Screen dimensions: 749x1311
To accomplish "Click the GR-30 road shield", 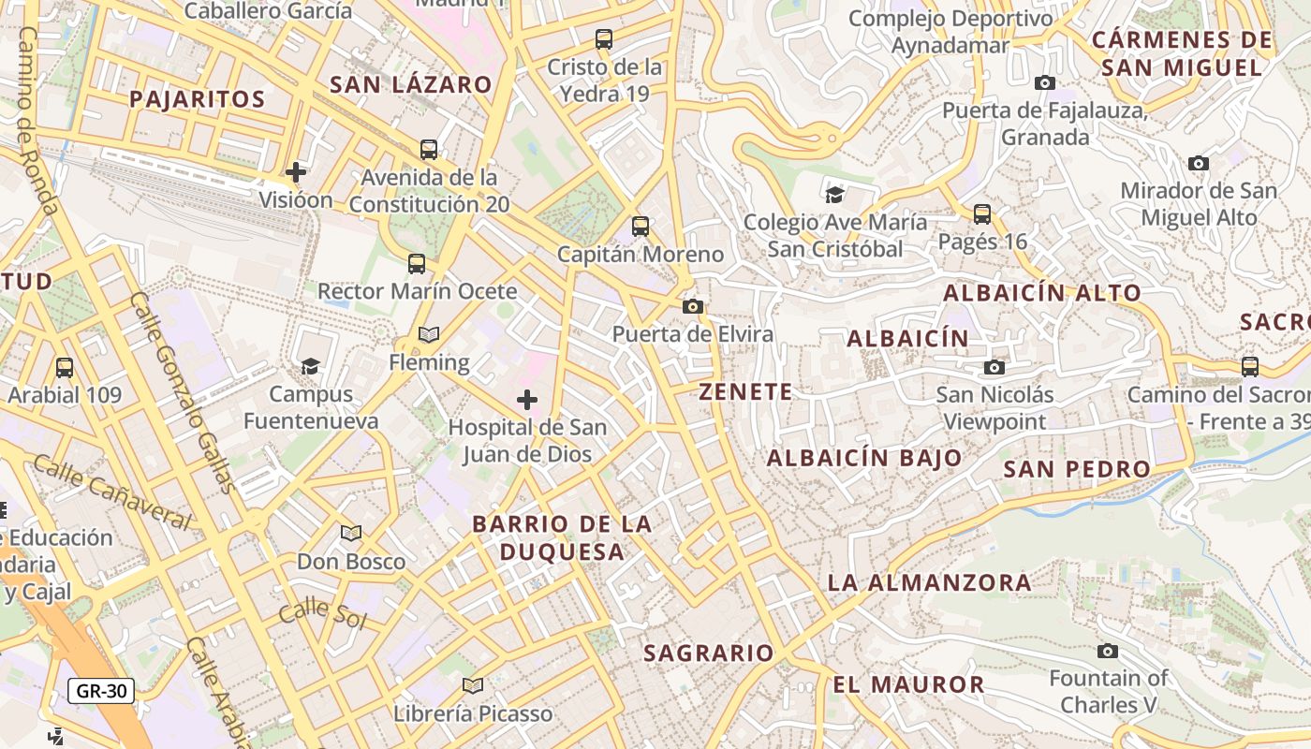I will point(101,692).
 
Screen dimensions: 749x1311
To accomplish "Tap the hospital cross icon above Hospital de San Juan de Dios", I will point(527,401).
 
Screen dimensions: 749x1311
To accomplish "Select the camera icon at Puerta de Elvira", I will point(693,306).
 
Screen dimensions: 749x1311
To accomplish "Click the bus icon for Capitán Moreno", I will point(641,227).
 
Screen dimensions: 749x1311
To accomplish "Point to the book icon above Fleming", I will point(429,335).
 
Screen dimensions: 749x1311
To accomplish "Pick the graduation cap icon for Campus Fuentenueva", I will point(310,366).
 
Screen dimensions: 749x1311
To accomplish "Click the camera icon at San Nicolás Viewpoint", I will point(994,367).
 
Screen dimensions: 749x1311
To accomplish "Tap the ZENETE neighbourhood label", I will point(745,392).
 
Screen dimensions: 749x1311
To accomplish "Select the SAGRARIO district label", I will point(709,654).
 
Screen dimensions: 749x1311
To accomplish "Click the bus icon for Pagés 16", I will point(982,214).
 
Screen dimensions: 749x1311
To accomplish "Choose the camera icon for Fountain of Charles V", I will point(1108,651).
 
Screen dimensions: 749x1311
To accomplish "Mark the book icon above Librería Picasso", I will point(473,686).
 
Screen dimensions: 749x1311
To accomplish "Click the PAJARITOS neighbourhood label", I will point(198,99).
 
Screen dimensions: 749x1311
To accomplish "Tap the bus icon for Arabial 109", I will point(65,367).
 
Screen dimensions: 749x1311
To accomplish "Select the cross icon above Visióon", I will point(296,172).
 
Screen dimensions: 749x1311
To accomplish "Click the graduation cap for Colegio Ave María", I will point(833,195).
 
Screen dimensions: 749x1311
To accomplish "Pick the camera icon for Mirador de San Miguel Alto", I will point(1198,164).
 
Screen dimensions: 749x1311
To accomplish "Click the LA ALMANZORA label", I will point(929,582).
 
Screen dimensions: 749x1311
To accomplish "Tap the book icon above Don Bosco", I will point(351,534).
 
